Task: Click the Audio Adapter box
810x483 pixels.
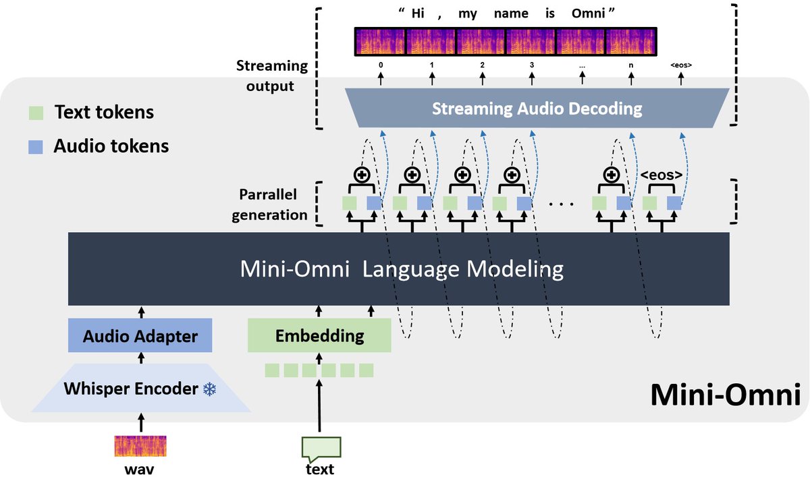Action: (140, 335)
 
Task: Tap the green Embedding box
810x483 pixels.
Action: (319, 335)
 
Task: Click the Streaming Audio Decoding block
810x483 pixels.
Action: (537, 108)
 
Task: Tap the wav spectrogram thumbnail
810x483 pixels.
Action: (140, 446)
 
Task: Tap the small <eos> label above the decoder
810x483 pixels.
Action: (680, 65)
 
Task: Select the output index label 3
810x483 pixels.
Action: (532, 65)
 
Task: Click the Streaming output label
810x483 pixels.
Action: (272, 76)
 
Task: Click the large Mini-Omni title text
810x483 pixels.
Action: (725, 395)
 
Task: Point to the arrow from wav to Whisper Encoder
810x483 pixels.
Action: (140, 423)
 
